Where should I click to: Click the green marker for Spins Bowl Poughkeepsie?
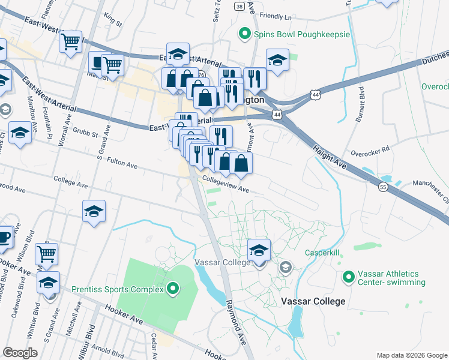point(244,34)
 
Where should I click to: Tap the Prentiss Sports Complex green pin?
point(173,290)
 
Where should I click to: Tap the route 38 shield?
point(240,7)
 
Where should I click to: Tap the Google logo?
point(20,353)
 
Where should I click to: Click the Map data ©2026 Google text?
point(411,355)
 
